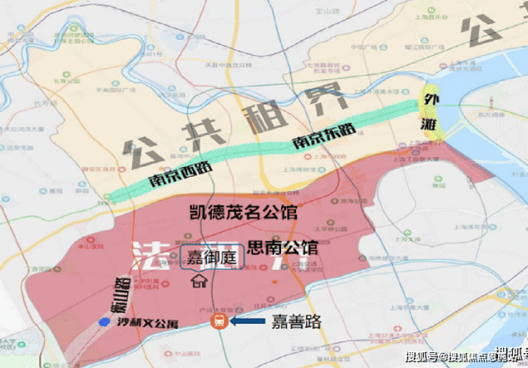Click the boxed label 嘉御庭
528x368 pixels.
pyautogui.click(x=211, y=256)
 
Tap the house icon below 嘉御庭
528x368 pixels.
pyautogui.click(x=198, y=281)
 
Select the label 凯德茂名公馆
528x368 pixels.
pyautogui.click(x=243, y=213)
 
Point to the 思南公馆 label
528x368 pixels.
pyautogui.click(x=283, y=248)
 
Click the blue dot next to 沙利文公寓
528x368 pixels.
pyautogui.click(x=104, y=322)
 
